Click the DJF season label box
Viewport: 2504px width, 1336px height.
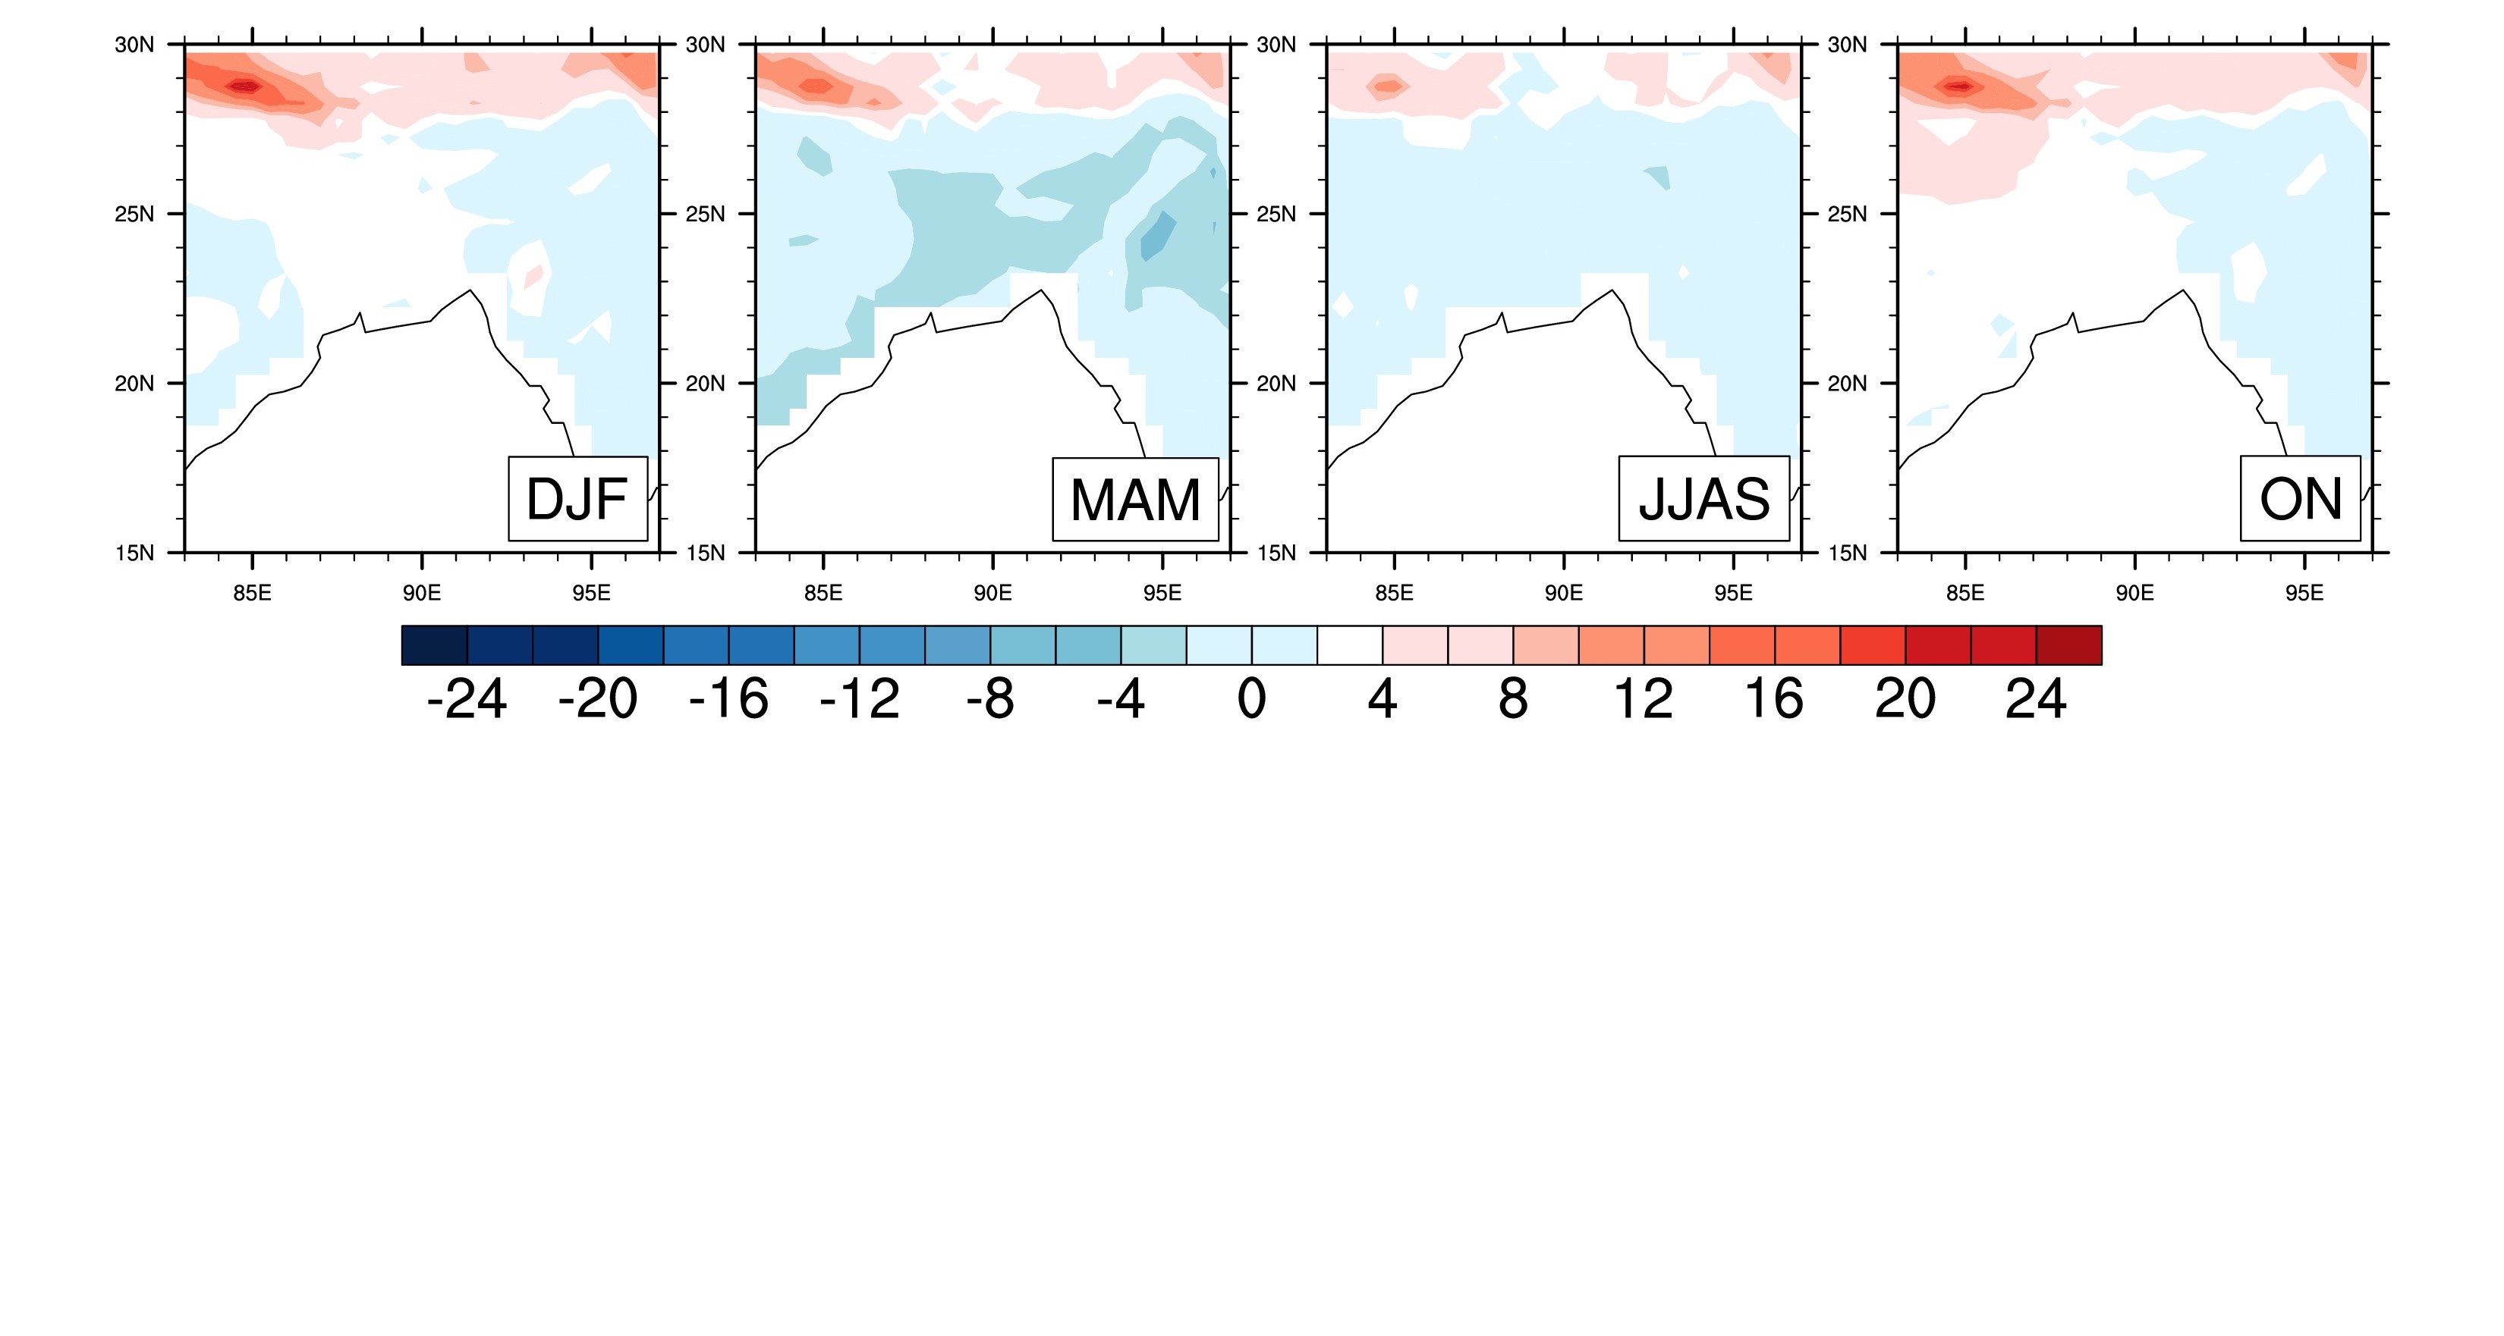pyautogui.click(x=577, y=498)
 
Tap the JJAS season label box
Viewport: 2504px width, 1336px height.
pyautogui.click(x=1703, y=498)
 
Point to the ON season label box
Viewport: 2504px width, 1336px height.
pyautogui.click(x=2300, y=498)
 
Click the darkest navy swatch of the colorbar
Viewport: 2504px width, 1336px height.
pyautogui.click(x=435, y=645)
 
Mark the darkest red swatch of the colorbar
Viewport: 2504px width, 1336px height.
pyautogui.click(x=2068, y=645)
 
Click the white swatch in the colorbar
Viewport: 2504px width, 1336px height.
pyautogui.click(x=1349, y=645)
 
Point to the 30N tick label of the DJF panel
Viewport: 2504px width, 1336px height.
pyautogui.click(x=134, y=45)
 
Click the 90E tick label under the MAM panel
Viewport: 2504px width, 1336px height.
pyautogui.click(x=992, y=594)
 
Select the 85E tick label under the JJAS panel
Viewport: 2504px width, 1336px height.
pyautogui.click(x=1394, y=594)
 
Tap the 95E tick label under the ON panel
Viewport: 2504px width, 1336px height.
pyautogui.click(x=2304, y=594)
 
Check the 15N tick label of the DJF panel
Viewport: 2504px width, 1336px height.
pyautogui.click(x=134, y=553)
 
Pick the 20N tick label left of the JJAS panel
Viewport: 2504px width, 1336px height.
pyautogui.click(x=1276, y=384)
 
